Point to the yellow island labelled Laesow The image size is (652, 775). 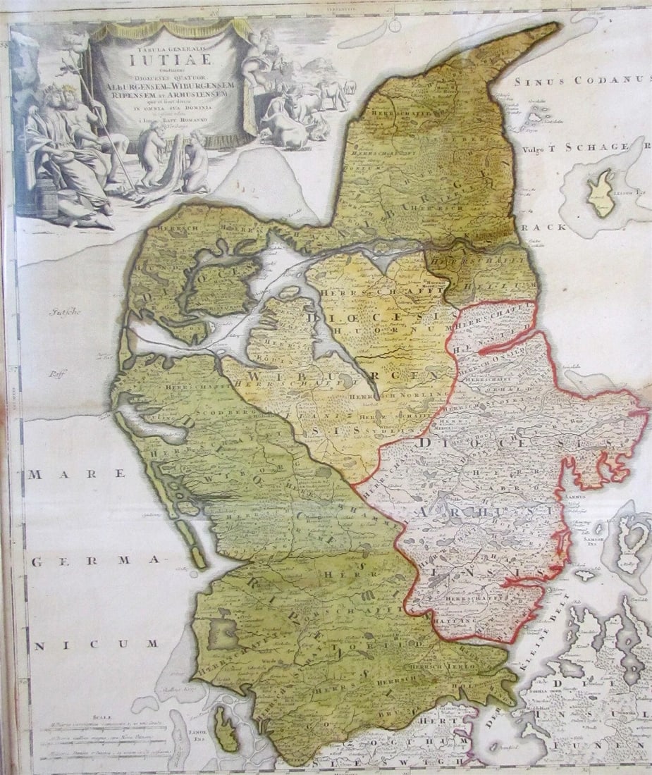[x=602, y=193]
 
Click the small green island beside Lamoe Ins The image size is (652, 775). [x=226, y=729]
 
